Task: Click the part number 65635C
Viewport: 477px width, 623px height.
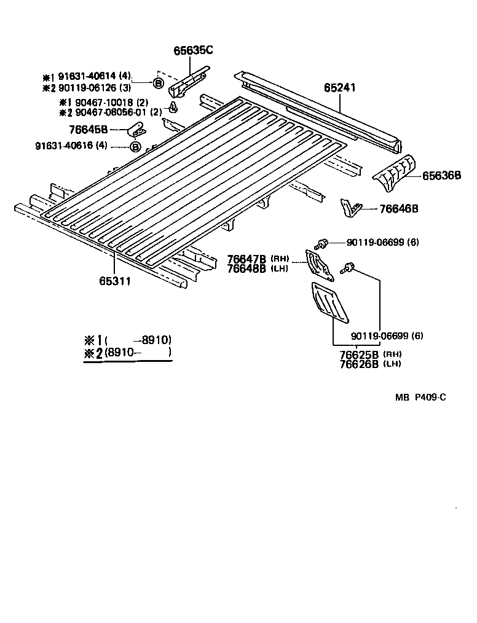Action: (x=193, y=51)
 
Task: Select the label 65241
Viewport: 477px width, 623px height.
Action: (x=340, y=88)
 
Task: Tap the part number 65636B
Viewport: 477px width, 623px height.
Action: (x=441, y=176)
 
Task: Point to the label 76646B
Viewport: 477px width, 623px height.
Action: (x=398, y=209)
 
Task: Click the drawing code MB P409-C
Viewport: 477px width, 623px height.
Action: (x=420, y=398)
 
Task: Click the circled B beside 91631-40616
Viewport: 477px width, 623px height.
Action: (x=135, y=146)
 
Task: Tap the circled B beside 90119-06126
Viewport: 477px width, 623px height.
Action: (x=158, y=83)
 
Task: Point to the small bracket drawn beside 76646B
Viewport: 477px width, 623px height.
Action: (x=351, y=208)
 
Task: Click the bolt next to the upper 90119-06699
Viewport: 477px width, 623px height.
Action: (x=322, y=242)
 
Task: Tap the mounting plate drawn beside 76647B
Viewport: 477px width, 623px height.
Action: (x=318, y=262)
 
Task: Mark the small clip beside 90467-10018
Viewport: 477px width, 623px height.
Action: (x=174, y=109)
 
